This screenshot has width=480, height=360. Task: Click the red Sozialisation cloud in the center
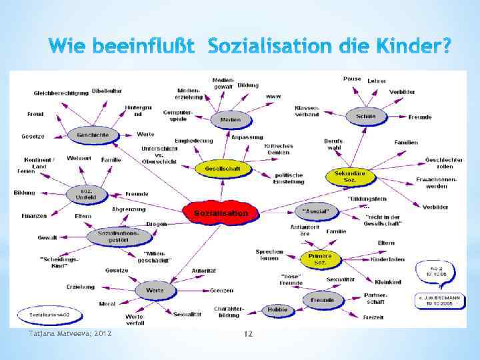click(220, 213)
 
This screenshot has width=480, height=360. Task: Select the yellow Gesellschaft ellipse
click(217, 169)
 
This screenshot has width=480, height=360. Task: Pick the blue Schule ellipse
click(366, 117)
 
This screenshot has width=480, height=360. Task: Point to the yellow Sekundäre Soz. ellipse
click(350, 177)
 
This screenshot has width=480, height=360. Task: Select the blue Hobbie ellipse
click(277, 309)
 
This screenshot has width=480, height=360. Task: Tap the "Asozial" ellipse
click(317, 212)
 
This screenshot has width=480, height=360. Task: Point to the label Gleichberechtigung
click(60, 93)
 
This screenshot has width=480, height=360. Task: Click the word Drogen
click(157, 224)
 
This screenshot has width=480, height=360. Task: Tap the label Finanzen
click(34, 216)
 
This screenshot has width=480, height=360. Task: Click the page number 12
click(247, 333)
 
